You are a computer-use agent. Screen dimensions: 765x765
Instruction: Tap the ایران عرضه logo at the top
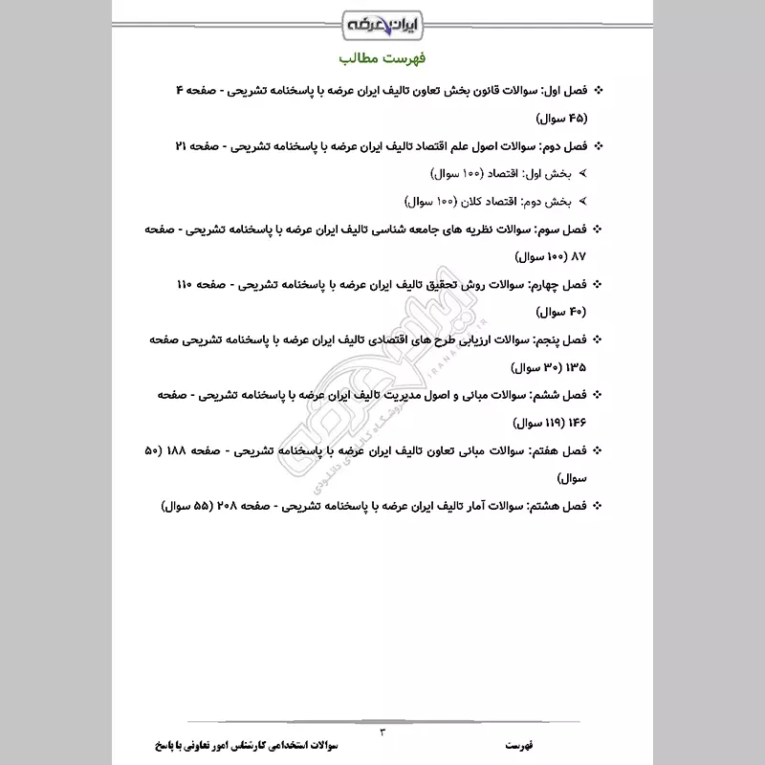coord(382,20)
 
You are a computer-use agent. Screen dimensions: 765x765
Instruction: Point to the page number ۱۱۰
coord(187,285)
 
